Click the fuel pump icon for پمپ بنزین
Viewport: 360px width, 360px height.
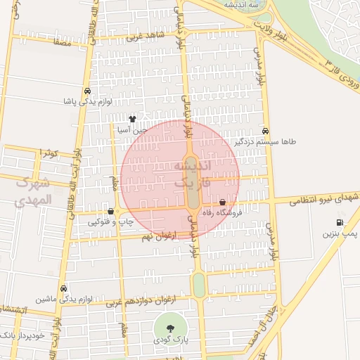[x=339, y=223]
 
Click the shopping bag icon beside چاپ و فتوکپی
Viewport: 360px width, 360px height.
[x=110, y=211]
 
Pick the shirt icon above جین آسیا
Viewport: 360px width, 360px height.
[x=132, y=119]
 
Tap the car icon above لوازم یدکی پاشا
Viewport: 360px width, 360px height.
[x=86, y=91]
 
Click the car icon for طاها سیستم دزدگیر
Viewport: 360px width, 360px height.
[x=265, y=131]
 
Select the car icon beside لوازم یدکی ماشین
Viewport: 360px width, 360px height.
[x=64, y=289]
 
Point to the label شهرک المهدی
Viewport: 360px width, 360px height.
[x=32, y=191]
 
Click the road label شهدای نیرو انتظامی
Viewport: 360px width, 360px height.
[x=318, y=199]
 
